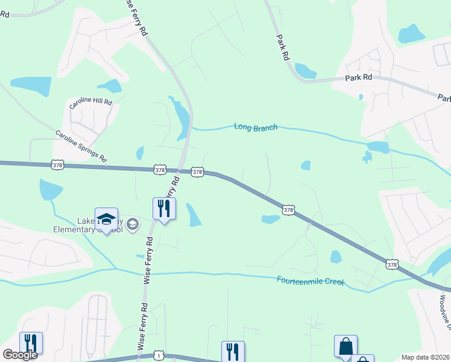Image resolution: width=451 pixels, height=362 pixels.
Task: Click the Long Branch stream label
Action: (256, 127)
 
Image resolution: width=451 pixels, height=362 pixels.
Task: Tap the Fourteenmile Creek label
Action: (310, 281)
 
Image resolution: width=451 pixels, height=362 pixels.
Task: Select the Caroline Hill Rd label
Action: (90, 103)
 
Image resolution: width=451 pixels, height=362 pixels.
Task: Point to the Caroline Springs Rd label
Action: (81, 146)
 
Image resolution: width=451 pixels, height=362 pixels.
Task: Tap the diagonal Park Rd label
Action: (282, 46)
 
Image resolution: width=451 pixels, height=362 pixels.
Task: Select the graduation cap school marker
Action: (106, 219)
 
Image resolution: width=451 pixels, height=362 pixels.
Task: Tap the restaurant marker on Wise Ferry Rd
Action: (164, 209)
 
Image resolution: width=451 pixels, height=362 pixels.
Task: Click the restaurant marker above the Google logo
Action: (31, 343)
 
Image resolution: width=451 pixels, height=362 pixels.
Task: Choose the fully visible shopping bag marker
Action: (345, 346)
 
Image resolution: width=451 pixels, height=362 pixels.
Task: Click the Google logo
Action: (20, 355)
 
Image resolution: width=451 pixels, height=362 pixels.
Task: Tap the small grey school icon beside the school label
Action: (133, 225)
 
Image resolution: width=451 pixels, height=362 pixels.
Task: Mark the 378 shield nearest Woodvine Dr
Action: (393, 264)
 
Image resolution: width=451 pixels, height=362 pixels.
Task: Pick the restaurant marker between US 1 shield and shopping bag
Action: (233, 351)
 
